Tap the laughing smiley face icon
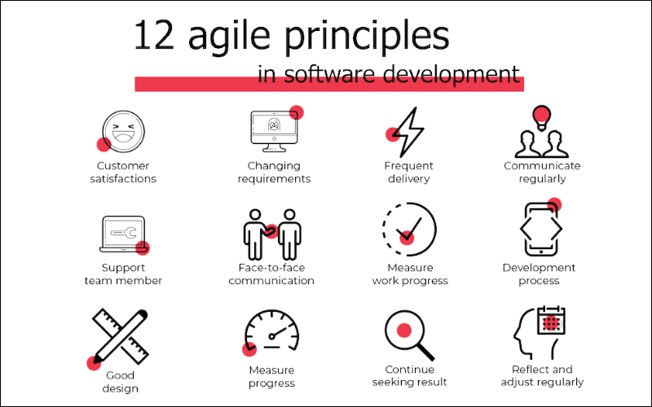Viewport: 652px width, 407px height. (x=122, y=130)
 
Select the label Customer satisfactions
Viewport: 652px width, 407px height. (x=123, y=173)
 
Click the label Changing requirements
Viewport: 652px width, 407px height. (x=274, y=173)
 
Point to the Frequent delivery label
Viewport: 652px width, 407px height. (x=408, y=173)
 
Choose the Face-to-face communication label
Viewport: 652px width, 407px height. (x=271, y=274)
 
